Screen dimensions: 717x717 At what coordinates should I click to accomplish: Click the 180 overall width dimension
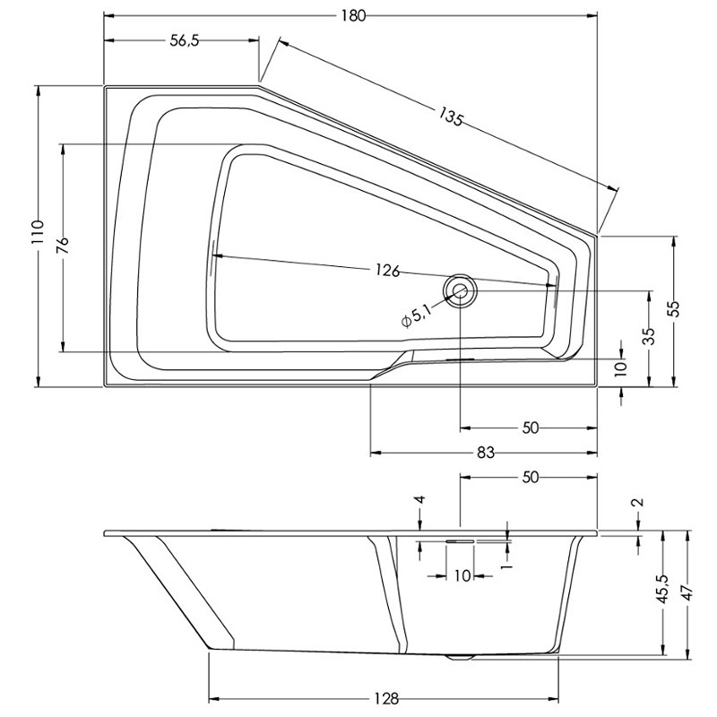pyautogui.click(x=353, y=16)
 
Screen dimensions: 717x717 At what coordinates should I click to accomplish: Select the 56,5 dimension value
pyautogui.click(x=185, y=40)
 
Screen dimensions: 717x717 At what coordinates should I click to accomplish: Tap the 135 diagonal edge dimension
pyautogui.click(x=451, y=117)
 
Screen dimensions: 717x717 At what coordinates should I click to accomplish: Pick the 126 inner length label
pyautogui.click(x=388, y=271)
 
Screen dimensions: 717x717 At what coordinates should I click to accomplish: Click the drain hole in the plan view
pyautogui.click(x=460, y=290)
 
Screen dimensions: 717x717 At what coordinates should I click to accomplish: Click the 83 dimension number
pyautogui.click(x=486, y=453)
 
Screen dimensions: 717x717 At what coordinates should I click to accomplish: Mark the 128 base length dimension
pyautogui.click(x=386, y=699)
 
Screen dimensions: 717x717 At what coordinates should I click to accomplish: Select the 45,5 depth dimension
pyautogui.click(x=663, y=589)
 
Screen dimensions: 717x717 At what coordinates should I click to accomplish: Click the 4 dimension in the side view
pyautogui.click(x=421, y=499)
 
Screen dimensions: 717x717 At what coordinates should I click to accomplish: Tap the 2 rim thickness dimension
pyautogui.click(x=639, y=502)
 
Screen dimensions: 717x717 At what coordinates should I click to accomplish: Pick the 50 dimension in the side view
pyautogui.click(x=530, y=478)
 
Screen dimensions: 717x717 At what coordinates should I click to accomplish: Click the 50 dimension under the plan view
pyautogui.click(x=530, y=428)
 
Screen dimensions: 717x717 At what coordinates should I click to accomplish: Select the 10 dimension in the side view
pyautogui.click(x=462, y=575)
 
